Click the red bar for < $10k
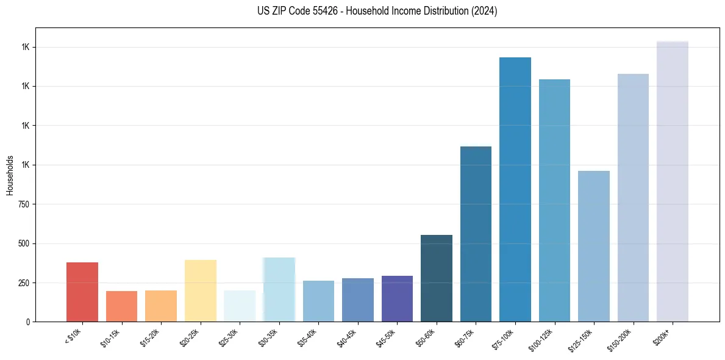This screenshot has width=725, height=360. click(82, 292)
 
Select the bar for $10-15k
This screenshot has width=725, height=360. click(121, 306)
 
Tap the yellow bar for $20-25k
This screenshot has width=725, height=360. click(201, 290)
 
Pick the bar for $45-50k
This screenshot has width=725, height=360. click(397, 298)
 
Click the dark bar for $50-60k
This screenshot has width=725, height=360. click(437, 278)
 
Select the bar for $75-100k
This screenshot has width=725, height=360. click(515, 189)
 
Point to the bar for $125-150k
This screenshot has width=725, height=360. click(594, 246)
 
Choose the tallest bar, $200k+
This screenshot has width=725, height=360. click(673, 181)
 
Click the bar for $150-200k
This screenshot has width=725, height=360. click(633, 198)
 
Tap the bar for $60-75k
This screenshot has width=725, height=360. click(476, 234)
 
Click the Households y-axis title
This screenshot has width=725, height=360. click(10, 175)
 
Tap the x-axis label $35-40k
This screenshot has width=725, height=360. click(309, 337)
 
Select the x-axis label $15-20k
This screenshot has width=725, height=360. click(152, 337)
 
